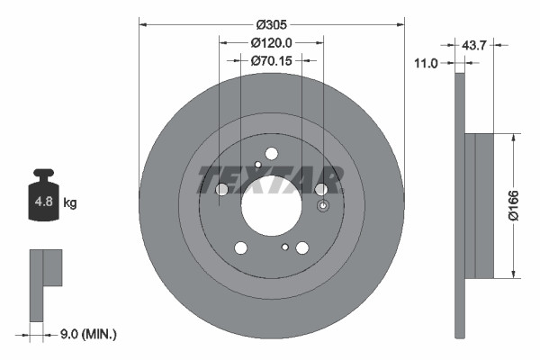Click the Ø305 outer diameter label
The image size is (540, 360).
[271, 24]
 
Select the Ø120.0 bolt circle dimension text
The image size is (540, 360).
[271, 42]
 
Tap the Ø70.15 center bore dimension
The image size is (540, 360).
[271, 60]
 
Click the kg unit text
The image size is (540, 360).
[70, 202]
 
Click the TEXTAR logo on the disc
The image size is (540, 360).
[270, 179]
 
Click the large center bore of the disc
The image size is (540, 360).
[271, 202]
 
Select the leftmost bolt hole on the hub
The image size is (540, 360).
[222, 189]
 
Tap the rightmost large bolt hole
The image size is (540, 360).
[320, 189]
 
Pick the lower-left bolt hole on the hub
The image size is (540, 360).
[240, 247]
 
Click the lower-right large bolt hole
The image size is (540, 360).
[302, 247]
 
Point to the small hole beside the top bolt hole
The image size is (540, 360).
[257, 164]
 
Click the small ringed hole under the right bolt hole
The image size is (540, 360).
[284, 246]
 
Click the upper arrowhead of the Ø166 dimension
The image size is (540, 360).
[513, 138]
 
